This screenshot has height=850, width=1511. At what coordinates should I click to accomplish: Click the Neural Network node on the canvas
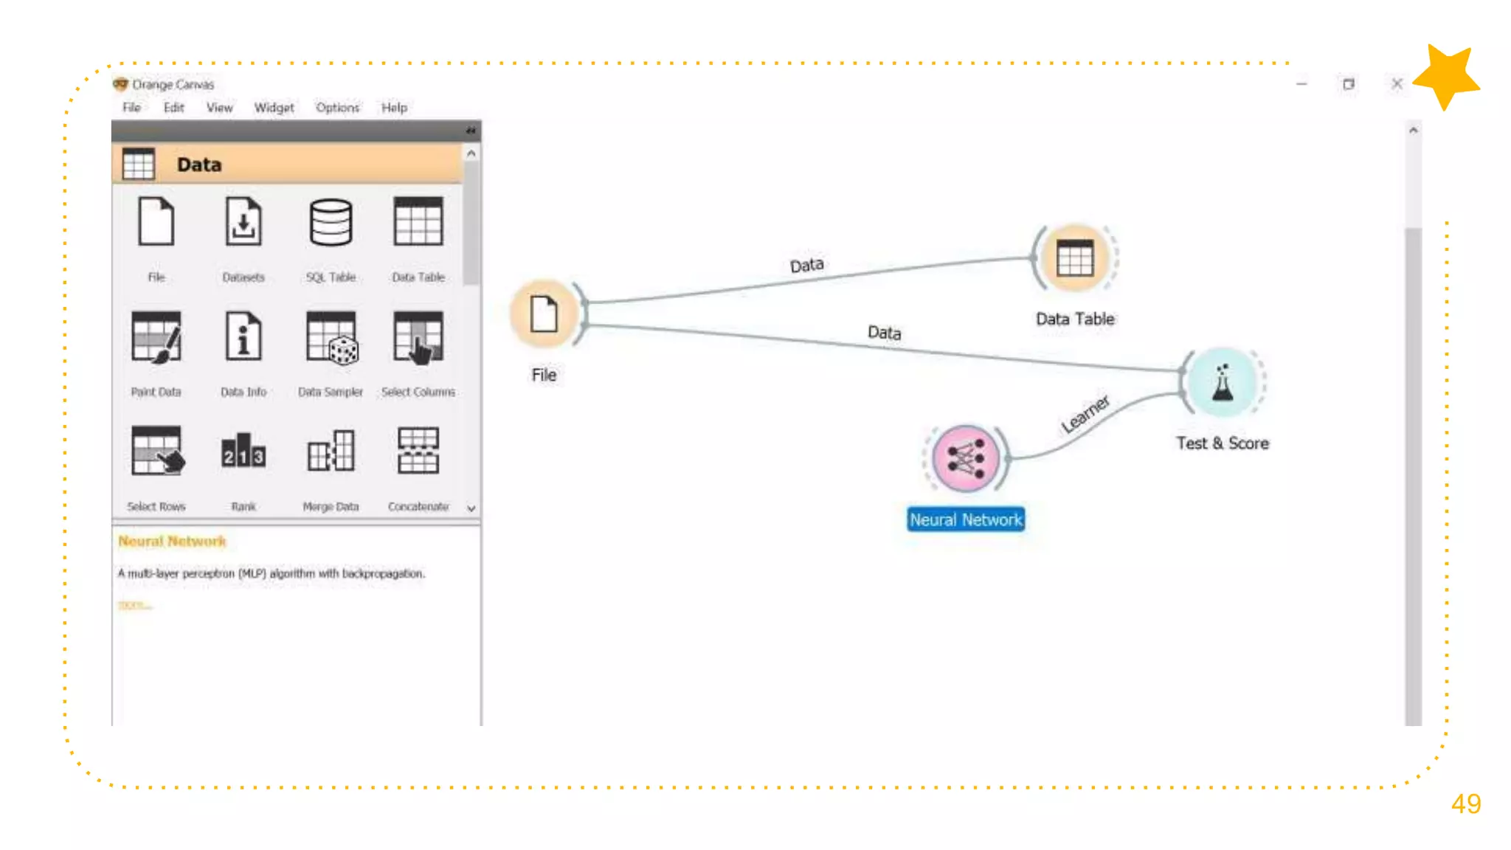(x=965, y=459)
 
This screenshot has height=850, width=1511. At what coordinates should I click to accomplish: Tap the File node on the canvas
(x=544, y=314)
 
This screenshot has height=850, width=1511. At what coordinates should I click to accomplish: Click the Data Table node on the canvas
(x=1075, y=258)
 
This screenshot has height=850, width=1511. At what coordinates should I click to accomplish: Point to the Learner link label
(x=1085, y=414)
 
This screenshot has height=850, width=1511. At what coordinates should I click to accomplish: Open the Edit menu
(x=174, y=108)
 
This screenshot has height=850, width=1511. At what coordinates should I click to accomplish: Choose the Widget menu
(x=274, y=108)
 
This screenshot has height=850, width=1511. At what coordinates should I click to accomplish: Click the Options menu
(x=337, y=108)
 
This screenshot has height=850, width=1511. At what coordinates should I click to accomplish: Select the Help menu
(x=394, y=108)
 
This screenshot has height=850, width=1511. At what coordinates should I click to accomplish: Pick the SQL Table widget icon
(x=331, y=222)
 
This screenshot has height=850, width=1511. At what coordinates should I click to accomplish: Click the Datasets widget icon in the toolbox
(x=243, y=222)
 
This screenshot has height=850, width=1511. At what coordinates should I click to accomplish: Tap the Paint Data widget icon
(x=156, y=337)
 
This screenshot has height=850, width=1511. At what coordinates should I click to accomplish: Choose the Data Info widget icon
(x=243, y=337)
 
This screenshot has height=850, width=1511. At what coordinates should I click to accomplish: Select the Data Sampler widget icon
(x=331, y=337)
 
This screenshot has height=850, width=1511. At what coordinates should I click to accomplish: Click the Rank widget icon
(x=243, y=451)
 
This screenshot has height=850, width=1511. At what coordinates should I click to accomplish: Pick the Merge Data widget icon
(x=331, y=451)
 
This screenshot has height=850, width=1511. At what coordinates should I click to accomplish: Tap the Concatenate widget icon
(x=418, y=451)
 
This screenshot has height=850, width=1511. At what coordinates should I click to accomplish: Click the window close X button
(x=1397, y=84)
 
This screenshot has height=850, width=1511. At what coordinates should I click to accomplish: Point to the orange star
(x=1446, y=76)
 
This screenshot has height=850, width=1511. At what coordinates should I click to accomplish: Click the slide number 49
(x=1465, y=804)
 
